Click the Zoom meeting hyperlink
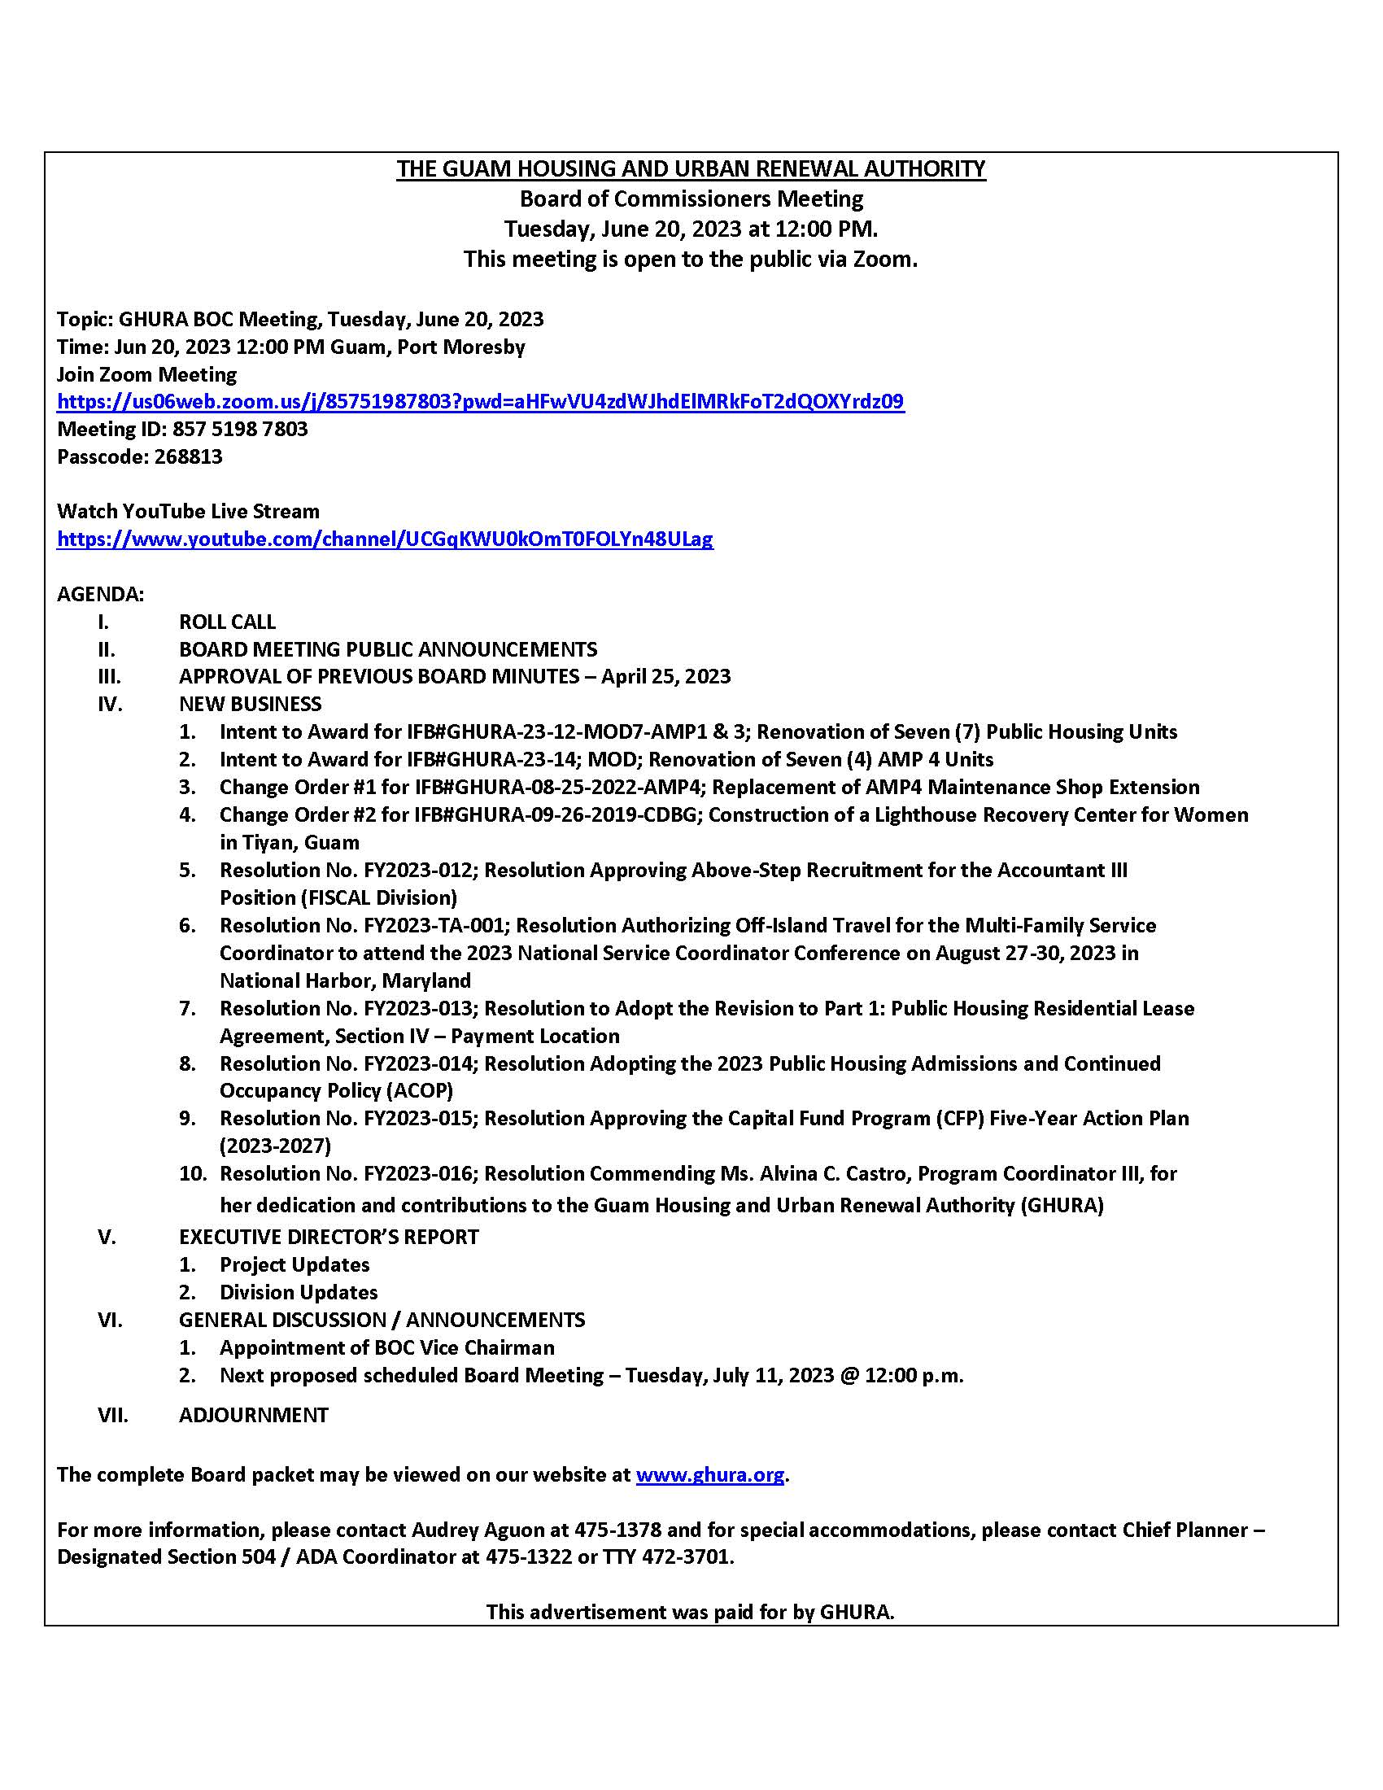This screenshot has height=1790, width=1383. click(x=480, y=402)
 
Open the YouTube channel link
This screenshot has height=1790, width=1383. click(x=385, y=539)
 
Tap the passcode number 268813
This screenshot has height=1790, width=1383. click(x=188, y=456)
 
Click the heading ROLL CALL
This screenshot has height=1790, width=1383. click(x=227, y=622)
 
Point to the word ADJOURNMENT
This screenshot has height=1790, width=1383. click(x=253, y=1415)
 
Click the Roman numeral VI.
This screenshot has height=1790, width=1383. click(x=110, y=1320)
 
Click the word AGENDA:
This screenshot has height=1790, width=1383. click(x=100, y=594)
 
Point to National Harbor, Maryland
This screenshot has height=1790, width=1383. click(x=345, y=980)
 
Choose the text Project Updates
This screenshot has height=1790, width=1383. click(x=294, y=1264)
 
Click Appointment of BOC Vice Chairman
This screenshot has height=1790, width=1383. click(x=386, y=1347)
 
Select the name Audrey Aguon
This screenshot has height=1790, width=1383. click(x=478, y=1530)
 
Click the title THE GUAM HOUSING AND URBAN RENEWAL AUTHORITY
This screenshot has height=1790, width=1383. click(x=691, y=169)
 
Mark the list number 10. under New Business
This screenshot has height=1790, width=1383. click(x=193, y=1172)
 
